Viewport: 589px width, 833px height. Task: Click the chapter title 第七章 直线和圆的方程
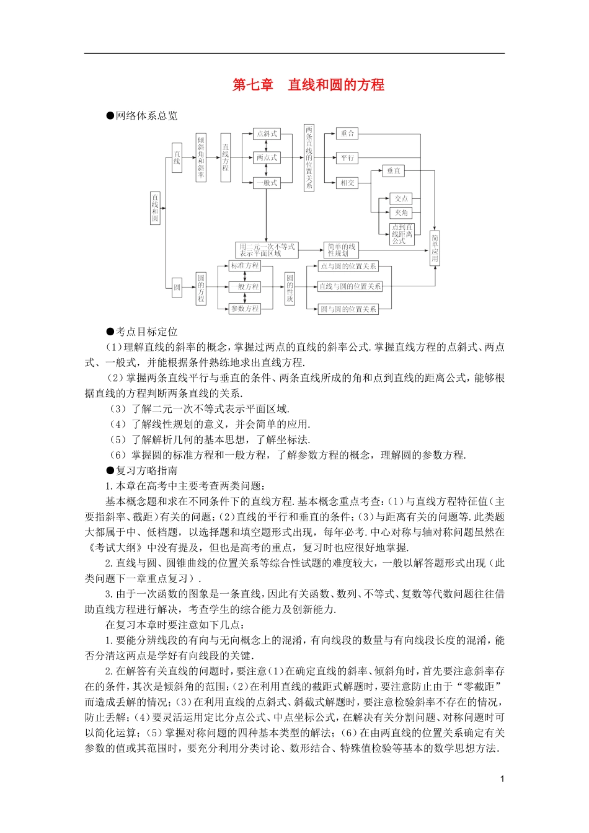pyautogui.click(x=308, y=85)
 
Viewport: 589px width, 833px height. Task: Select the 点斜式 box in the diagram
pyautogui.click(x=267, y=133)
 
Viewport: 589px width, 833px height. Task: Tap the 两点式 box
pyautogui.click(x=267, y=158)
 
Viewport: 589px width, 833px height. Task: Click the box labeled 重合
pyautogui.click(x=347, y=133)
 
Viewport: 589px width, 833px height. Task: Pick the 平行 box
pyautogui.click(x=347, y=158)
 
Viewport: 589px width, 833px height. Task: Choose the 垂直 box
pyautogui.click(x=394, y=170)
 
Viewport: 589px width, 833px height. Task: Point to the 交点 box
pyautogui.click(x=401, y=198)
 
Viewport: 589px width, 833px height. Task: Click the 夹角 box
pyautogui.click(x=401, y=213)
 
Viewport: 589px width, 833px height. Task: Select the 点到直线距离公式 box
pyautogui.click(x=402, y=234)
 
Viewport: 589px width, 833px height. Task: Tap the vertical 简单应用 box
pyautogui.click(x=435, y=249)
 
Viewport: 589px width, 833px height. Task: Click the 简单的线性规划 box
pyautogui.click(x=342, y=250)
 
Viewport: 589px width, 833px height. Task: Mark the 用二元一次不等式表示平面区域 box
pyautogui.click(x=267, y=250)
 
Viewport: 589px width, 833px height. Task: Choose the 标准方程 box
pyautogui.click(x=245, y=266)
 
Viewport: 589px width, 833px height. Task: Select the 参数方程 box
pyautogui.click(x=245, y=309)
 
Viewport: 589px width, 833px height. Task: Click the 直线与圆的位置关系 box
pyautogui.click(x=350, y=286)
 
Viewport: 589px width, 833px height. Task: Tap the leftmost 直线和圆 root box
pyautogui.click(x=155, y=208)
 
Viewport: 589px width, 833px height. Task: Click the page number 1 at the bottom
pyautogui.click(x=502, y=779)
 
